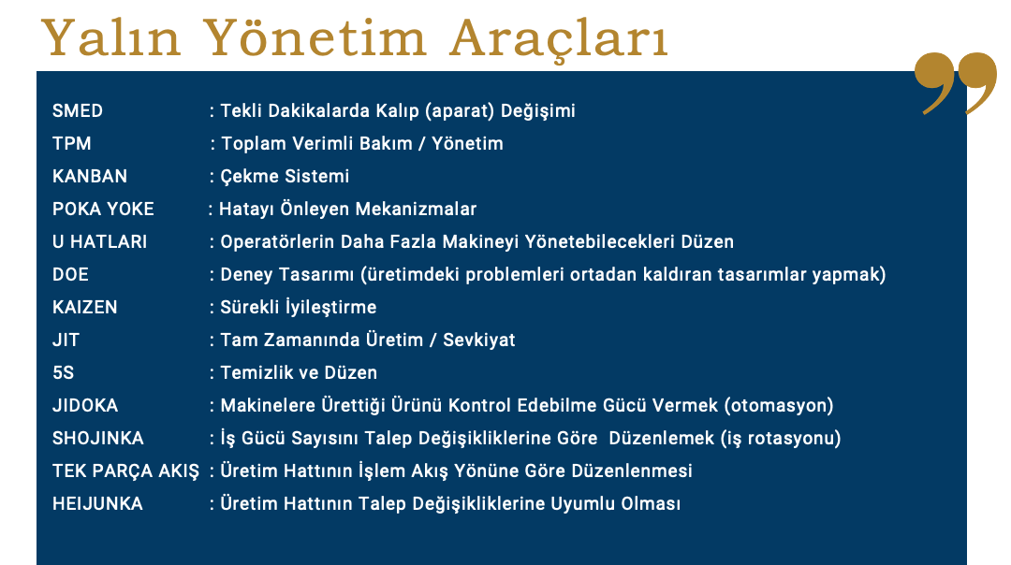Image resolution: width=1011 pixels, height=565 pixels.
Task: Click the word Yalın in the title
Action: [110, 37]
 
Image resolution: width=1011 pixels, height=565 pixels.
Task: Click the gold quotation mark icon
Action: [956, 83]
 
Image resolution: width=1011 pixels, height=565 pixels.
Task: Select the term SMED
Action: [78, 110]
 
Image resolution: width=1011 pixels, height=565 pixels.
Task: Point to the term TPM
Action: [71, 144]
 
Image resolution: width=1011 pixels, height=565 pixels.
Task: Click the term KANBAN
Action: [90, 177]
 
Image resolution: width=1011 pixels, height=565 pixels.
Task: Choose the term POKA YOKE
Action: [103, 210]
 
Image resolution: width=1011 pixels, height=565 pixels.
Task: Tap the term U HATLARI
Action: [100, 242]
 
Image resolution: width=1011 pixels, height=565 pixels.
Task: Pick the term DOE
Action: [70, 275]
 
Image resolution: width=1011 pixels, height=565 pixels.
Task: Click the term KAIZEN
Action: [84, 308]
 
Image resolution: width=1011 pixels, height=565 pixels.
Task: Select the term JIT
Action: [66, 340]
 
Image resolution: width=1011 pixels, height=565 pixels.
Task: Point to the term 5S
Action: [64, 373]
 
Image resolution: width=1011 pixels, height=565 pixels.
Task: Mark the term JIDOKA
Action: [85, 406]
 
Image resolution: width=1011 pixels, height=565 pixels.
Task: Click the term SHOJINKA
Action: [98, 439]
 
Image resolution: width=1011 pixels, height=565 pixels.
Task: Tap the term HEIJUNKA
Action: [97, 504]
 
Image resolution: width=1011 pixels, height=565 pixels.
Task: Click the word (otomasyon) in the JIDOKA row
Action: [779, 406]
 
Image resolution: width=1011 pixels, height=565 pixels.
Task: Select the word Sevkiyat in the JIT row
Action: [479, 340]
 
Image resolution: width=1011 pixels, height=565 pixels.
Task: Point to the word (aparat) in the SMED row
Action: [459, 110]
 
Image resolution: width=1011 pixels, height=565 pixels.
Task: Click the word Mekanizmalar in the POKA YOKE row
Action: [416, 210]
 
